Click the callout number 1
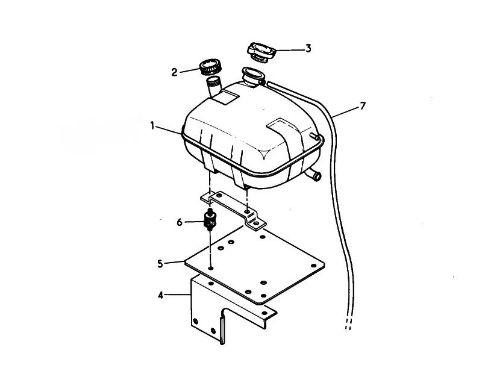point(152,126)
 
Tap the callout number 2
point(174,72)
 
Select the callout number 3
point(308,49)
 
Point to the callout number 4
point(160,296)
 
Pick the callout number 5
point(160,264)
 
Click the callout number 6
point(180,222)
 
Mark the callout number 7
point(363,106)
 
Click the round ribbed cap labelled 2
point(210,67)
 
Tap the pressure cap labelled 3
point(261,52)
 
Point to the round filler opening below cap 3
point(253,75)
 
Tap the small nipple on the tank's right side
point(314,136)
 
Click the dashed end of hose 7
point(348,323)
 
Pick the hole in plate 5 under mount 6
point(210,268)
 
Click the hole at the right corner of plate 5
point(313,266)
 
